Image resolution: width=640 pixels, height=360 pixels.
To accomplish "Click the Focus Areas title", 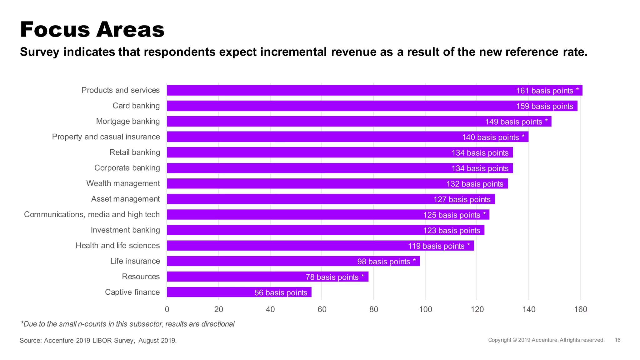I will click(92, 30).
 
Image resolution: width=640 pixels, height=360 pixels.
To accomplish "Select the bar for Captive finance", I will click(219, 292).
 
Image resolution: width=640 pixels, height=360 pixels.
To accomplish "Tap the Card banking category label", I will click(136, 106).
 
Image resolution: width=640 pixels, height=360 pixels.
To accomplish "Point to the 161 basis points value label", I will click(544, 91).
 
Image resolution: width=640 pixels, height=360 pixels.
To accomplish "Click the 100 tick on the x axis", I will click(425, 309).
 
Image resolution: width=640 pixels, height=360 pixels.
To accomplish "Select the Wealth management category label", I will click(123, 183).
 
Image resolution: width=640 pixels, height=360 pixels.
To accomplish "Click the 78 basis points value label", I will click(332, 277).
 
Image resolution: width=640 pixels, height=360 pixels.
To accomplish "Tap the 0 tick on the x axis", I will click(167, 309).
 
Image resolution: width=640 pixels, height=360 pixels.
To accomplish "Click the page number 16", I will click(617, 340).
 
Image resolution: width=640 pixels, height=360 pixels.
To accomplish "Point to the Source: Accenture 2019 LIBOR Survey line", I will click(98, 340).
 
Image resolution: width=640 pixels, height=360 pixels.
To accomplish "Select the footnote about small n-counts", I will click(127, 324).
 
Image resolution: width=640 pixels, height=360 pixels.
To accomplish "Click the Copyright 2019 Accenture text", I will click(546, 340).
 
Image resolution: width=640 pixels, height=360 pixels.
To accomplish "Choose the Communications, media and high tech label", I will click(92, 214).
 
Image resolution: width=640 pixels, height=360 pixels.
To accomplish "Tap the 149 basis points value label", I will click(513, 122).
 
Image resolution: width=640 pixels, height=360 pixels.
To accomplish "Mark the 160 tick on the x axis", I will click(580, 309).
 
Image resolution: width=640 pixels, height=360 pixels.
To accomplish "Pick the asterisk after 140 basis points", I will click(523, 136).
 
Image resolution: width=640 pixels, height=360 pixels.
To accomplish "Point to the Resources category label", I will click(141, 277).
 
